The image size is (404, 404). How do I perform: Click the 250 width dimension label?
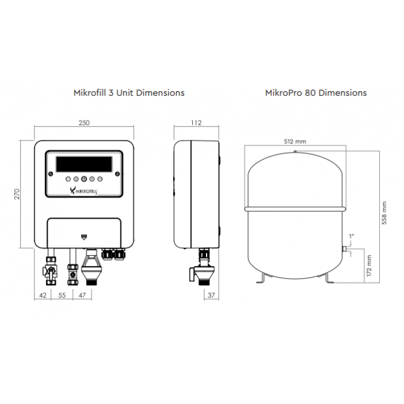[85, 123]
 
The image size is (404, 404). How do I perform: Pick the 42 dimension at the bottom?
[43, 295]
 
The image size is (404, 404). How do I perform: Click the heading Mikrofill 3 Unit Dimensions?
[129, 92]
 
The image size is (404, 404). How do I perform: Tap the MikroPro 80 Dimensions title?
[316, 92]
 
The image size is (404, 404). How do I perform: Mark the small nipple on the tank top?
[295, 152]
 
